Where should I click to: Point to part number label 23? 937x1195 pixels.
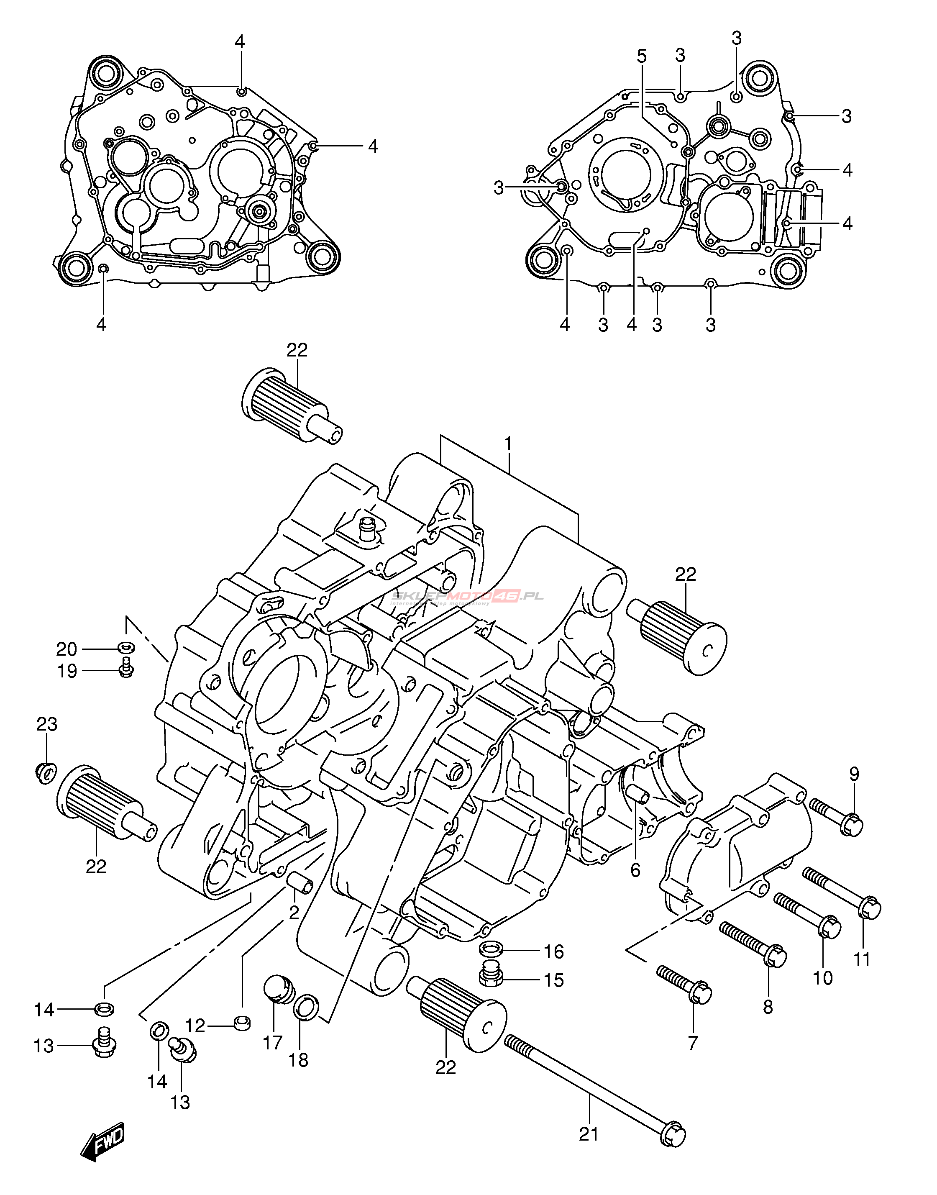coord(46,724)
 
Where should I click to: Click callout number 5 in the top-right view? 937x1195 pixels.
coord(642,56)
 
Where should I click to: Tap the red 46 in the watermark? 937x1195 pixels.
coord(505,596)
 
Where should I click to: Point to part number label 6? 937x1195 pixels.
coord(635,869)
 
